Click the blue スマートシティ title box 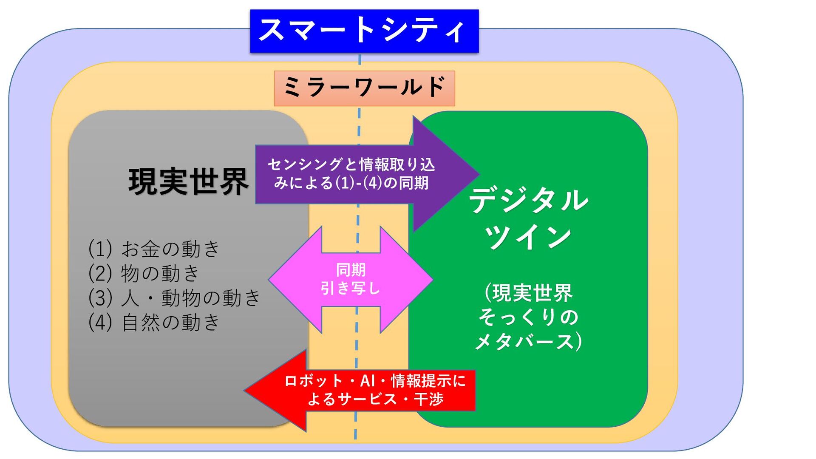pos(364,31)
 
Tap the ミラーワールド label pos(364,88)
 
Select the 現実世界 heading pos(188,181)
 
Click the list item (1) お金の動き pos(154,249)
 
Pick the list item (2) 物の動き pos(144,273)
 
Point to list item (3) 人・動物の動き pos(174,297)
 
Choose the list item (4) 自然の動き pos(154,322)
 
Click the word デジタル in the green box pos(528,200)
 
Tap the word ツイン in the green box pos(528,237)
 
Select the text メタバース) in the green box pos(528,341)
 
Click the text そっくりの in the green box pos(528,317)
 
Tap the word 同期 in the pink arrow pos(351,270)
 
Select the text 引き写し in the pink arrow pos(351,289)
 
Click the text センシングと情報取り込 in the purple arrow pos(351,164)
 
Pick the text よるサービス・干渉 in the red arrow pos(375,399)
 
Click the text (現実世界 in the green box pos(528,293)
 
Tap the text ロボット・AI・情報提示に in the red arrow pos(375,381)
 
